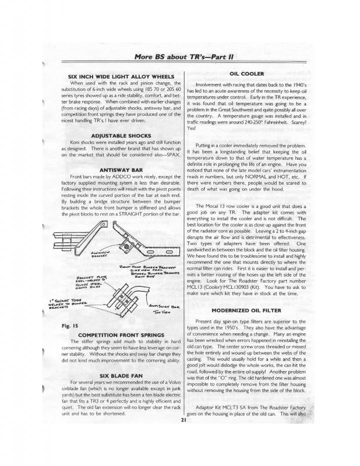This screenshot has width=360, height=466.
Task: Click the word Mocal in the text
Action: pyautogui.click(x=221, y=207)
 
